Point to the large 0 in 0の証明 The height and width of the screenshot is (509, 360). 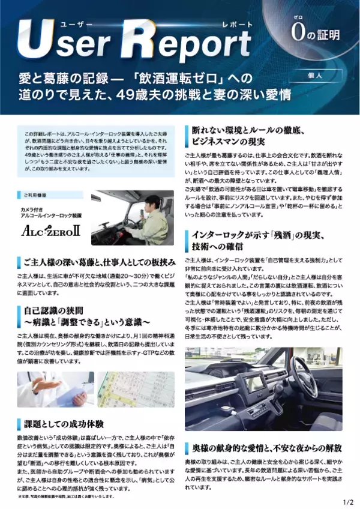(x=296, y=34)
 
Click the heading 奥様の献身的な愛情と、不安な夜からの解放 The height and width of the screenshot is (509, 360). (x=258, y=448)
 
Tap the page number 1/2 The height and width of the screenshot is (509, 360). (x=348, y=501)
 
